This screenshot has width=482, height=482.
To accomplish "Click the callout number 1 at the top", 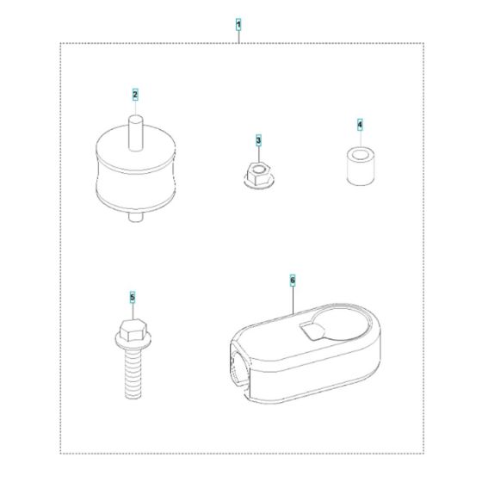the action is pyautogui.click(x=238, y=25).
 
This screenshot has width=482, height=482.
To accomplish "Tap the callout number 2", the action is pyautogui.click(x=135, y=95).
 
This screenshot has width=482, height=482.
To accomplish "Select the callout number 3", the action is pyautogui.click(x=258, y=140).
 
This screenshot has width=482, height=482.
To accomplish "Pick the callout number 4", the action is pyautogui.click(x=360, y=125).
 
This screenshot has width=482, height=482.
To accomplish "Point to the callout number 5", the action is pyautogui.click(x=133, y=297).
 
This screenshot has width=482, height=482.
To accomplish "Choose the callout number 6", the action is pyautogui.click(x=293, y=280).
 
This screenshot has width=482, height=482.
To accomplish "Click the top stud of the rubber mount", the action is pyautogui.click(x=135, y=133).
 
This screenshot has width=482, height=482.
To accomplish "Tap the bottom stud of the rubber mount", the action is pyautogui.click(x=136, y=217).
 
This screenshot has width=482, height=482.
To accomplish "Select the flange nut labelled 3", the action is pyautogui.click(x=259, y=176).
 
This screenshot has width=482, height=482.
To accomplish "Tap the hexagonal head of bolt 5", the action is pyautogui.click(x=133, y=330).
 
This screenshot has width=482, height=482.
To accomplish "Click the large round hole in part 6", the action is pyautogui.click(x=340, y=323).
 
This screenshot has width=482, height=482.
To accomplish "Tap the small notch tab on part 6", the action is pyautogui.click(x=311, y=331).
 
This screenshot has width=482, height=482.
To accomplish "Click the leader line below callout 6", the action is pyautogui.click(x=293, y=300).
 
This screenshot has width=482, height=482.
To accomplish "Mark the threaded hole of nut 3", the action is pyautogui.click(x=259, y=169).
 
